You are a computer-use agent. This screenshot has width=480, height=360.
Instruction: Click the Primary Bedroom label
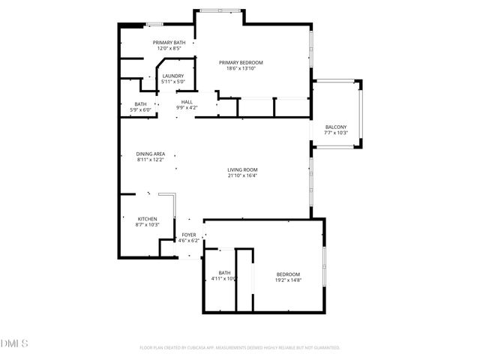point(241,62)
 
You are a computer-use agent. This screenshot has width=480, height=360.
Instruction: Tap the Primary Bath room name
point(169,42)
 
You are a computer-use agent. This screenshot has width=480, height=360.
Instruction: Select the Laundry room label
point(173,76)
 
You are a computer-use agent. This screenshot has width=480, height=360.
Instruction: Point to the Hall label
point(187,102)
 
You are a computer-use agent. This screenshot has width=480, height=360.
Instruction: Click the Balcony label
point(335,127)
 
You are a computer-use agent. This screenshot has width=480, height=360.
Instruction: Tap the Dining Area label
point(150,154)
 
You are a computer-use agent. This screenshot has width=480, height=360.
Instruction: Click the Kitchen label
point(147,219)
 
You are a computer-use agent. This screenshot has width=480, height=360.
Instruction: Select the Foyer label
point(188,235)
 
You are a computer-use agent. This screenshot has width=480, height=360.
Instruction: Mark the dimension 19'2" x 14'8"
point(288,279)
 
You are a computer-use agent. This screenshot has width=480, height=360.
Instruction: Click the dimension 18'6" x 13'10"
point(241,68)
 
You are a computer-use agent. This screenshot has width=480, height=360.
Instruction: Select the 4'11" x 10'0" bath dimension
point(224,278)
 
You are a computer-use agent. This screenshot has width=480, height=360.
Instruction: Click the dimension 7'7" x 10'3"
point(335,133)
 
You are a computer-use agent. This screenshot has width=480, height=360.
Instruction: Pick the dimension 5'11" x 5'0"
point(173,82)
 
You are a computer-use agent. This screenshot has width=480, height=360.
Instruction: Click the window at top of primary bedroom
point(220,10)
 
